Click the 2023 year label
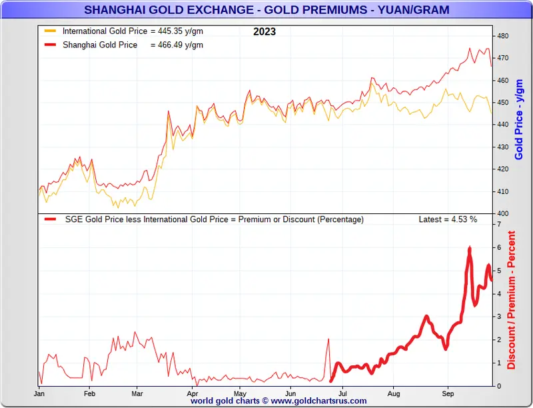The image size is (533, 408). click(x=265, y=31)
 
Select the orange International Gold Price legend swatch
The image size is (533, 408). click(x=50, y=31)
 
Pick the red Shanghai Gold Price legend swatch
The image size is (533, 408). click(x=50, y=45)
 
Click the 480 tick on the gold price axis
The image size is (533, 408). click(x=503, y=36)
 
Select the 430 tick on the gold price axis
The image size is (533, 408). click(x=503, y=147)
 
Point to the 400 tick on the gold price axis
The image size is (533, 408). click(x=503, y=213)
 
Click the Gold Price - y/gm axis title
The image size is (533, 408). click(x=520, y=120)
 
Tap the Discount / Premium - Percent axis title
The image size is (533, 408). click(x=512, y=300)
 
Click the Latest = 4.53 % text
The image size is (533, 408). click(x=448, y=219)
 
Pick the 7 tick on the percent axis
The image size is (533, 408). click(x=499, y=225)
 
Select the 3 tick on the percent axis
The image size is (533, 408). click(x=499, y=317)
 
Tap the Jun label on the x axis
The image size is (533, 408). click(x=290, y=393)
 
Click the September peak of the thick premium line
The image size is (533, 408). click(x=470, y=247)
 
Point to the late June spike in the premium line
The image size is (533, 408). click(x=328, y=339)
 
